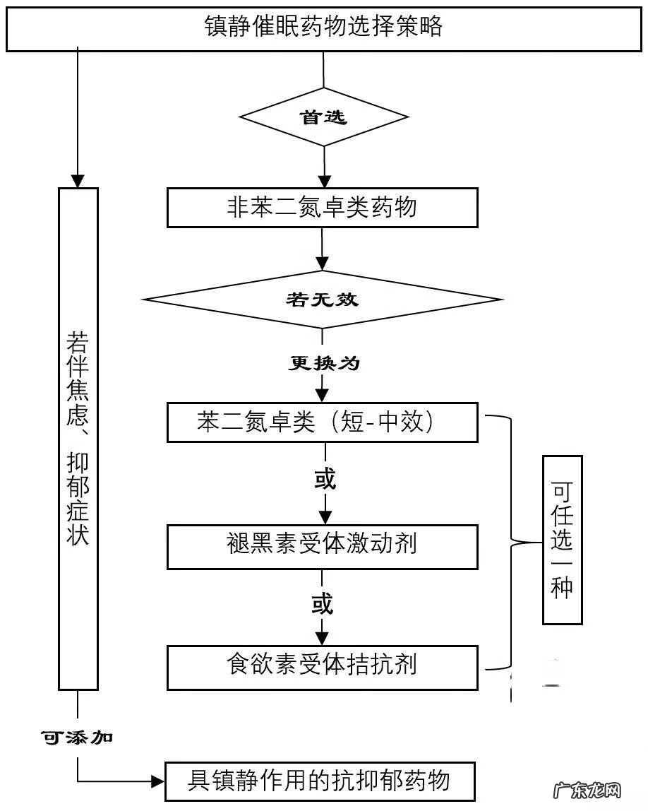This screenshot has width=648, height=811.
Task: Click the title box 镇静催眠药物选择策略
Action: [323, 27]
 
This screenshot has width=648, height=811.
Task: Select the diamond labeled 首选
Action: [323, 117]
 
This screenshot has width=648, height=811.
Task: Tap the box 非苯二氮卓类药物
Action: [322, 207]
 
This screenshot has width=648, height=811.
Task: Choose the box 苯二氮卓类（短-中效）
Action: [322, 422]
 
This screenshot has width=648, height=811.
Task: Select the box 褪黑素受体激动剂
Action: [322, 545]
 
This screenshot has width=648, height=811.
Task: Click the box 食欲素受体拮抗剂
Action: [322, 666]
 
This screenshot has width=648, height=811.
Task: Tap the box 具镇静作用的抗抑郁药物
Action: [320, 781]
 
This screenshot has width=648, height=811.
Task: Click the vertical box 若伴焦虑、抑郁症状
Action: [78, 438]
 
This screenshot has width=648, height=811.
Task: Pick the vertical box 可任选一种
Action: [562, 540]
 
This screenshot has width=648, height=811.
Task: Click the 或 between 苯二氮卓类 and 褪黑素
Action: [323, 480]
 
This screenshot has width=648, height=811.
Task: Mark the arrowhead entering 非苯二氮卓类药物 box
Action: [323, 180]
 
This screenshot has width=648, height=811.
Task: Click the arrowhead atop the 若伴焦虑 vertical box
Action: [78, 180]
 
